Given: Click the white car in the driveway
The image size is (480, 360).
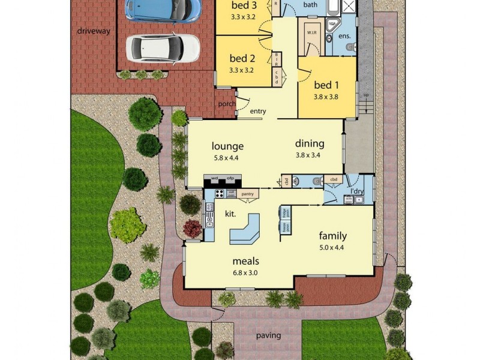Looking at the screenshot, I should (163, 47).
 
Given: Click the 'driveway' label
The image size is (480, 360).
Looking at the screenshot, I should (94, 31).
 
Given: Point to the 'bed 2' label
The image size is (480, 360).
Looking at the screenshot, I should (242, 58).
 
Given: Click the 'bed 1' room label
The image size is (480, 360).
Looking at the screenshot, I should (326, 85).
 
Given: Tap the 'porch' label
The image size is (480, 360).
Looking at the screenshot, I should (227, 104).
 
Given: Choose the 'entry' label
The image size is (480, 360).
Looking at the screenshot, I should (258, 111).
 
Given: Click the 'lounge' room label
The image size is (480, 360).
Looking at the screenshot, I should (227, 146).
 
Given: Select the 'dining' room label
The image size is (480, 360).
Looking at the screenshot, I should (310, 143).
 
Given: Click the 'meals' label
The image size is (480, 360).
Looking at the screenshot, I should (246, 261).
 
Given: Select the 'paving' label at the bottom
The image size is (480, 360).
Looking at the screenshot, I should (268, 335).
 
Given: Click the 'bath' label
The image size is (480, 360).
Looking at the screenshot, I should (310, 5).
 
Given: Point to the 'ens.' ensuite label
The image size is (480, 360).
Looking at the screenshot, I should (344, 36).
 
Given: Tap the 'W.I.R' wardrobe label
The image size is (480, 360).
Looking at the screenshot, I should (313, 32).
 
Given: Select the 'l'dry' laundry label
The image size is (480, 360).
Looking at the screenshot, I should (358, 191).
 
